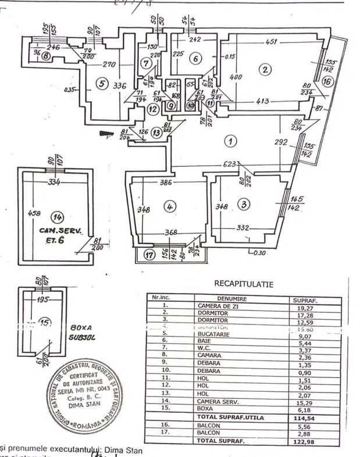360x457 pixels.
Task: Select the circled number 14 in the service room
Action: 57,217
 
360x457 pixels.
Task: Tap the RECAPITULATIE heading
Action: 244,284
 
